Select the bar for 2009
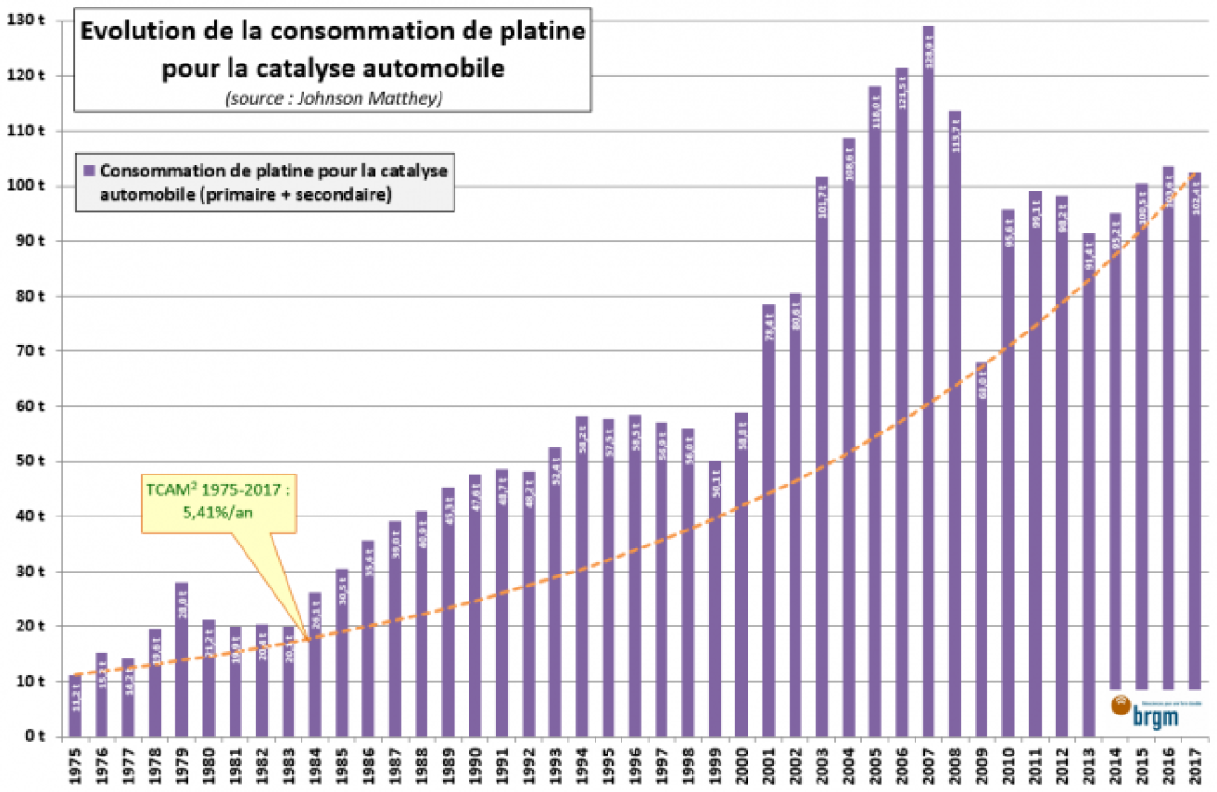coord(981,551)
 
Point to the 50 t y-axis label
coord(36,461)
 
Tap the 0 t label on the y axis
coord(40,737)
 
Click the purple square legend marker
coord(90,171)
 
